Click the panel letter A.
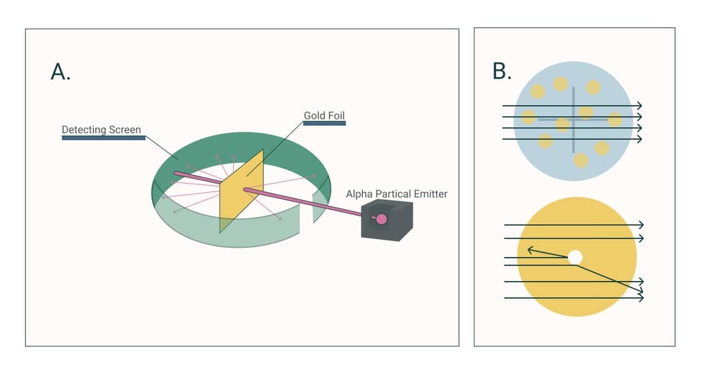tap(60, 72)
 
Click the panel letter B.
tap(502, 71)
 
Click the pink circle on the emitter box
tap(382, 219)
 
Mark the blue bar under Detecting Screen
tap(103, 138)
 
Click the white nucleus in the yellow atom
tap(574, 258)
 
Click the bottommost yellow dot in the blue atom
tap(581, 160)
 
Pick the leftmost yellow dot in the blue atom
tap(529, 117)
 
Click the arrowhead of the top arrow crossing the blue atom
tap(640, 106)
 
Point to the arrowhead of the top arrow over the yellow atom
tap(641, 225)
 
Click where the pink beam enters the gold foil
tap(246, 190)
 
